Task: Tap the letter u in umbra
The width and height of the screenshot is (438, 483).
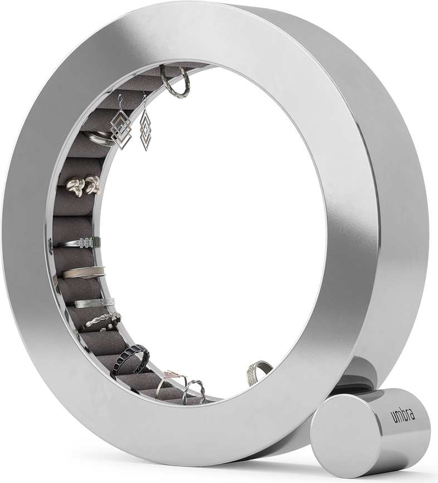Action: [x=393, y=419]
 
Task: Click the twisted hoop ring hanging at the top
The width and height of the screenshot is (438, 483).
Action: [x=176, y=82]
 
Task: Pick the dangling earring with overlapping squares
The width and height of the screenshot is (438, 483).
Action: [x=121, y=129]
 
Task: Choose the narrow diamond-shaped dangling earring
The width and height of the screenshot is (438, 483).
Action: [x=145, y=129]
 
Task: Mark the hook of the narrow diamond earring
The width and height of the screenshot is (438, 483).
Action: [x=144, y=100]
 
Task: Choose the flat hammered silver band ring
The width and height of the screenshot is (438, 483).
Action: [x=94, y=303]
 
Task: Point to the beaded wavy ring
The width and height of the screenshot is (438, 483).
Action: [x=101, y=322]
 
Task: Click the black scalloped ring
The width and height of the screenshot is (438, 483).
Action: [x=130, y=360]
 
